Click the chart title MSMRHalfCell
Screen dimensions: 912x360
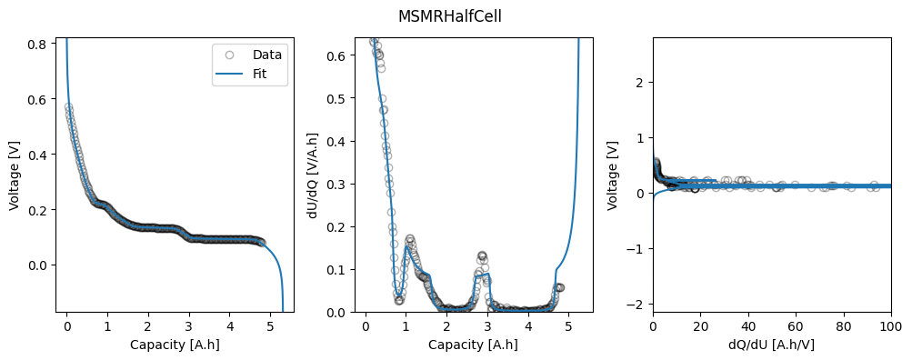[x=449, y=17]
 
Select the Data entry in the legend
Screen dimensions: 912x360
[x=267, y=55]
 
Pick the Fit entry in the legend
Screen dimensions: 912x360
[x=260, y=74]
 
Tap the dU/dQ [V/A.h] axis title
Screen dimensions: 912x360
[x=312, y=175]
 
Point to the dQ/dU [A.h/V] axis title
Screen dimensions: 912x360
[x=772, y=345]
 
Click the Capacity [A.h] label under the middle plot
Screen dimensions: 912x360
[x=473, y=345]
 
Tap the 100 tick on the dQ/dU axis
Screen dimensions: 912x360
[x=891, y=328]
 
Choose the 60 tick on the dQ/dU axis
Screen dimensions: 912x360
[x=796, y=328]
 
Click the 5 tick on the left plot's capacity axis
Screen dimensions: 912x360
[x=270, y=328]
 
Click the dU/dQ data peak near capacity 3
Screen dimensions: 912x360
[x=482, y=255]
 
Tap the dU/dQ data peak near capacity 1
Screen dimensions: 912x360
[x=410, y=238]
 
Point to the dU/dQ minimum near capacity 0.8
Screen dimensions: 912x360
[x=399, y=300]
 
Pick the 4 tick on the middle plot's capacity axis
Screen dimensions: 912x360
[x=528, y=328]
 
